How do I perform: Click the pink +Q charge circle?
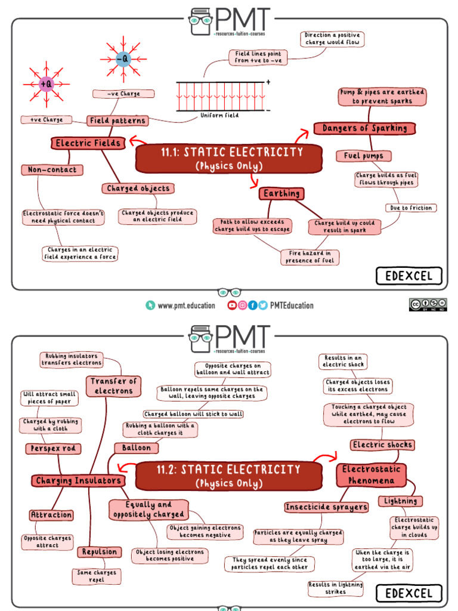tap(46, 84)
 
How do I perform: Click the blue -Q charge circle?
tap(122, 59)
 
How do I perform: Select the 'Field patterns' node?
tap(117, 121)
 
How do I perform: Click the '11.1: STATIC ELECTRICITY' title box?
tap(228, 158)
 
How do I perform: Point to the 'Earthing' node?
tap(281, 193)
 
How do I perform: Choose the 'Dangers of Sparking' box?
tap(364, 128)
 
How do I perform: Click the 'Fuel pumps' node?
tap(364, 156)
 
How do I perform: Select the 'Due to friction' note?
tap(411, 208)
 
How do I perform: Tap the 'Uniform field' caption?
tap(219, 115)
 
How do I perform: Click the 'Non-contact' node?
tap(52, 170)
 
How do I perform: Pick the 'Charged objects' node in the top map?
tap(138, 189)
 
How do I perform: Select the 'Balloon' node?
tap(137, 448)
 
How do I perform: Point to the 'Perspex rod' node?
tap(54, 448)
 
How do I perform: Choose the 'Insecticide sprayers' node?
tap(326, 507)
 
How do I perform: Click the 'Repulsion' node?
tap(100, 552)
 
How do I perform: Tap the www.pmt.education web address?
tap(186, 305)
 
